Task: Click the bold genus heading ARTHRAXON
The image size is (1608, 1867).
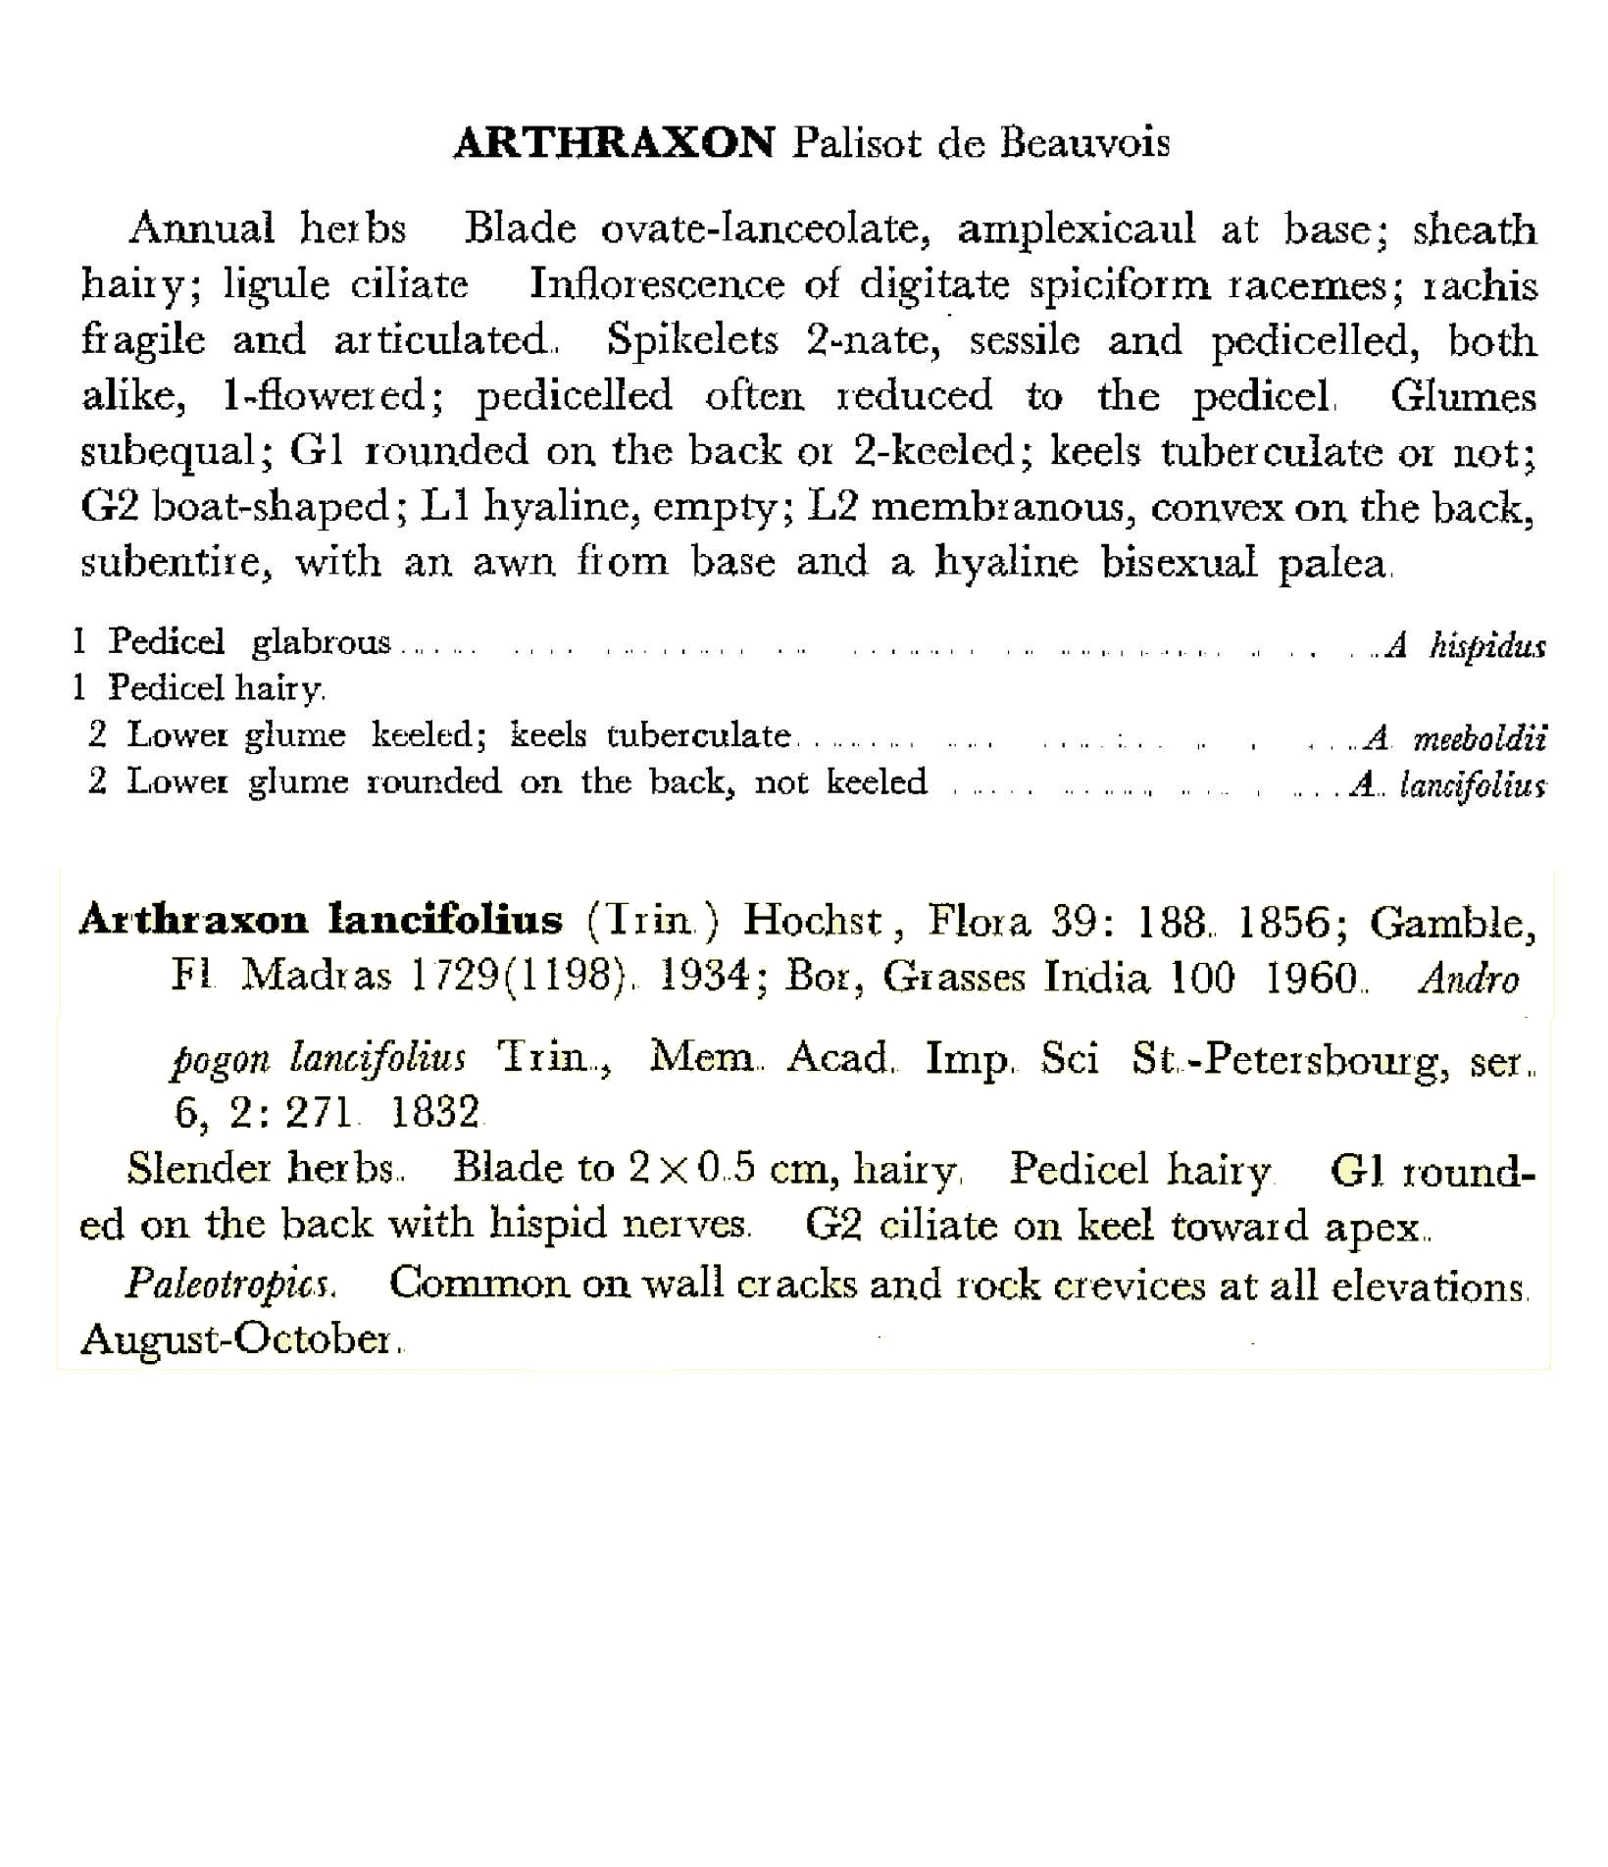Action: (613, 144)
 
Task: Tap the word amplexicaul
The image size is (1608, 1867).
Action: (1076, 229)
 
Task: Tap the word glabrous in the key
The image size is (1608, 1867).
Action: (321, 642)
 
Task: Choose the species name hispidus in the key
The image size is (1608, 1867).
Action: (1486, 645)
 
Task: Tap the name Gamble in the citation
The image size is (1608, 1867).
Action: (1450, 922)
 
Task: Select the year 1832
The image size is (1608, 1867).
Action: (434, 1113)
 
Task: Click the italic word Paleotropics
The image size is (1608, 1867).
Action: (231, 1284)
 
